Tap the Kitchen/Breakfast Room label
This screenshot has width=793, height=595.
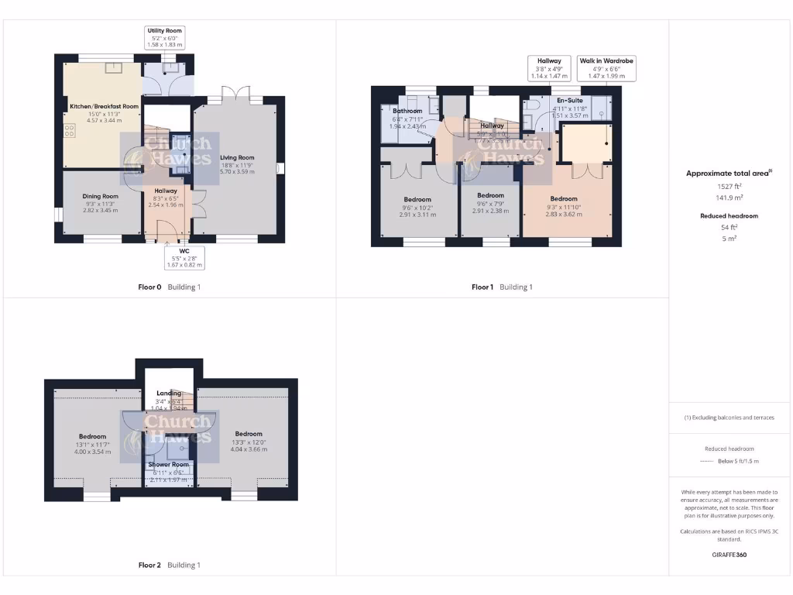(x=104, y=106)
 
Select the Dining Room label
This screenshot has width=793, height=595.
(x=101, y=197)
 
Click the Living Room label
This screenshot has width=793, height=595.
(x=237, y=157)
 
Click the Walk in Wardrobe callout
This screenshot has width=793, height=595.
(x=607, y=68)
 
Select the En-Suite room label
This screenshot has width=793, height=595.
(x=570, y=99)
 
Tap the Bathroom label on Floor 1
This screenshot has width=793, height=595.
(x=407, y=111)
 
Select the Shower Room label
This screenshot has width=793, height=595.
(x=169, y=465)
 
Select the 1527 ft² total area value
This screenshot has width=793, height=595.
(x=729, y=187)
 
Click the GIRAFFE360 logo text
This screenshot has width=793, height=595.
(x=729, y=555)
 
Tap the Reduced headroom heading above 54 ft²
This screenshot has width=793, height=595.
(x=729, y=216)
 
